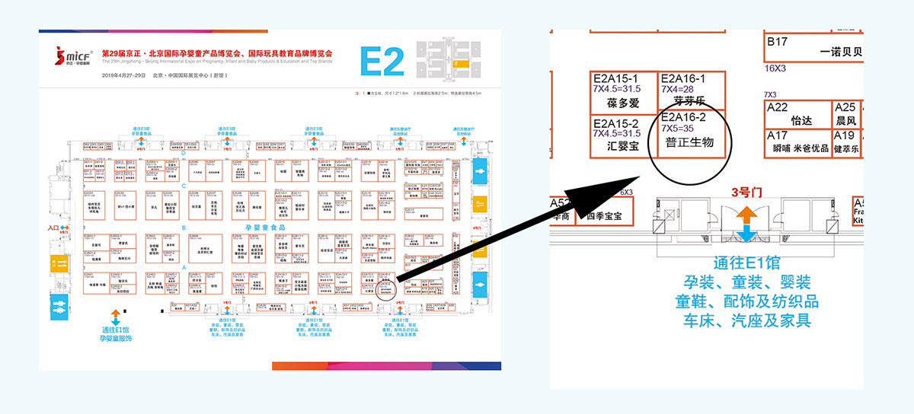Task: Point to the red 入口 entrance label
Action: (x=53, y=228)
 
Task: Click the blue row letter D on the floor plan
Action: (x=184, y=152)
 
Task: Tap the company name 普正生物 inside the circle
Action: (x=690, y=142)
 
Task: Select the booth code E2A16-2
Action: (x=685, y=117)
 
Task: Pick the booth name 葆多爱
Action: (x=622, y=103)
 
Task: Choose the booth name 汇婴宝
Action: (x=623, y=145)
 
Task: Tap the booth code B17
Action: (x=777, y=42)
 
